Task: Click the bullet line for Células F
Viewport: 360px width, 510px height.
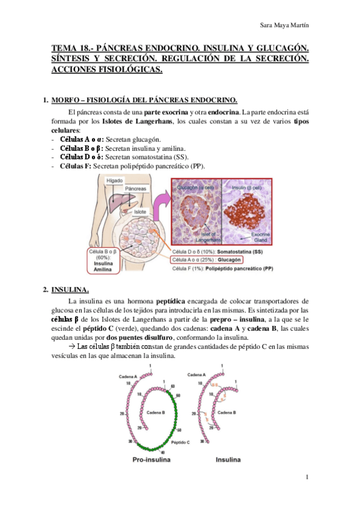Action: point(129,166)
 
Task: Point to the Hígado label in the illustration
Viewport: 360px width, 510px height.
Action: point(115,180)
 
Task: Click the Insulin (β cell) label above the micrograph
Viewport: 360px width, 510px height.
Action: point(248,188)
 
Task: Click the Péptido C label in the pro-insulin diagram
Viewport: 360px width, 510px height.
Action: point(180,442)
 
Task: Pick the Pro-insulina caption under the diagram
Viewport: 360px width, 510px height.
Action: point(150,460)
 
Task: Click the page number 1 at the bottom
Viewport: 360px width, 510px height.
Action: point(307,478)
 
